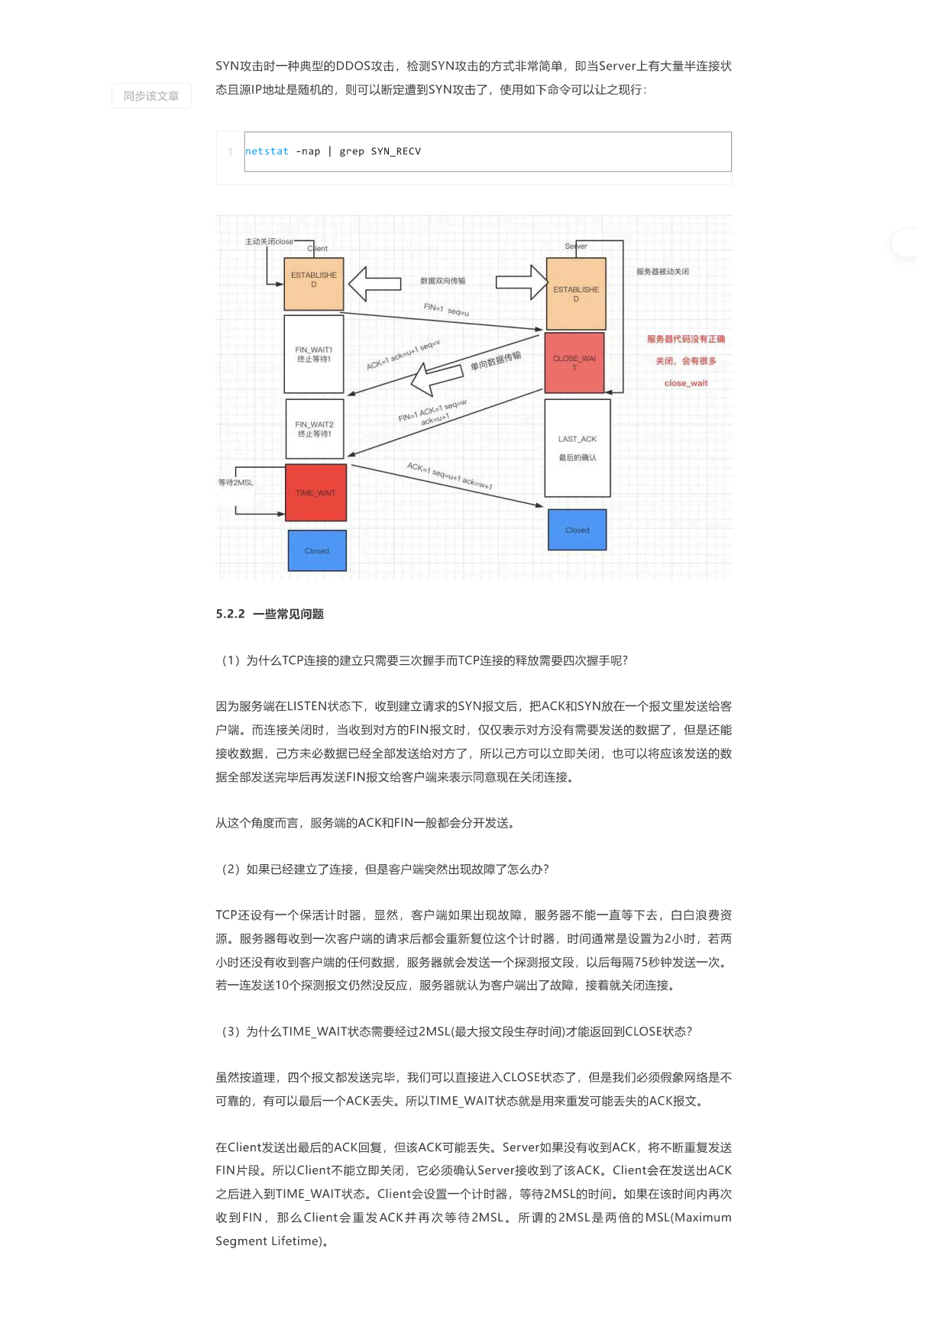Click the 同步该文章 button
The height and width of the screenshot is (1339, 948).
(151, 96)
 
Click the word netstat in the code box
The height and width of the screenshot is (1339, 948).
(267, 151)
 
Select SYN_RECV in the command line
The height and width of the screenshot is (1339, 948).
(396, 151)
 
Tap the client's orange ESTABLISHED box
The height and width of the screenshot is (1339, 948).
(314, 283)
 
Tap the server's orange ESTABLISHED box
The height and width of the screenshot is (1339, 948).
(576, 294)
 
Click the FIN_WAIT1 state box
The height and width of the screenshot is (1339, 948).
(314, 354)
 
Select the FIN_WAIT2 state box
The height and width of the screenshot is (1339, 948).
(315, 429)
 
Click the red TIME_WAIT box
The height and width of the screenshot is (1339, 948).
(315, 492)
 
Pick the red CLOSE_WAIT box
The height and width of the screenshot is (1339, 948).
(574, 363)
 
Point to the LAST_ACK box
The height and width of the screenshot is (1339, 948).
(578, 448)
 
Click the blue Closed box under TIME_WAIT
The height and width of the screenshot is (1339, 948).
(317, 550)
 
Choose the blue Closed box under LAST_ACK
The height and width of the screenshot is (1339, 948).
(578, 530)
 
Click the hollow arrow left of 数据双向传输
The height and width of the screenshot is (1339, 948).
(374, 284)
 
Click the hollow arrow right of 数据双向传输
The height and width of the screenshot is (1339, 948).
(523, 282)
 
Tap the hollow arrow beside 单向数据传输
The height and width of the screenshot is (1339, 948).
(436, 377)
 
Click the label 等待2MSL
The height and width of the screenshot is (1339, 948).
(235, 482)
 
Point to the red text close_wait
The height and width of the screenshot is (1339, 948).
(686, 383)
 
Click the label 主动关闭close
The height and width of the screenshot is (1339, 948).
(269, 241)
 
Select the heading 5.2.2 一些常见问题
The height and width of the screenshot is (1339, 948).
(270, 614)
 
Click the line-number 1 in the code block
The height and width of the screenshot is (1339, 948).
(230, 152)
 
